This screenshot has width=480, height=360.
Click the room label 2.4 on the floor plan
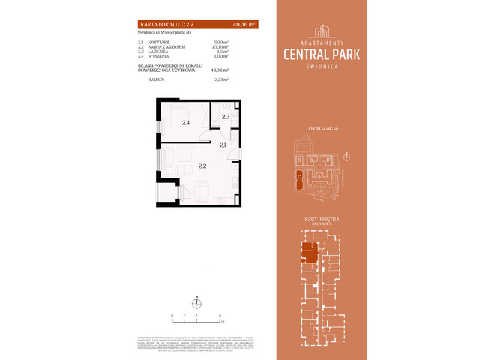tap(184, 122)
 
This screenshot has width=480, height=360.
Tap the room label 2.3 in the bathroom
tap(226, 117)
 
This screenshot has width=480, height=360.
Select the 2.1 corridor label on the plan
tap(223, 145)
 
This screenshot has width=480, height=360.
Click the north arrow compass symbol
tap(196, 303)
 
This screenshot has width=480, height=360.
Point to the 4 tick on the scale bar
tap(220, 316)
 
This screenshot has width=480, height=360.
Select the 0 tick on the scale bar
tap(172, 316)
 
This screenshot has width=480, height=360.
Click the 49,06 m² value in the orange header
tap(244, 25)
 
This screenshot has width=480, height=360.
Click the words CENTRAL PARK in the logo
tap(337, 53)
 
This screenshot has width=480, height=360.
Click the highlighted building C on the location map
tap(299, 176)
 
